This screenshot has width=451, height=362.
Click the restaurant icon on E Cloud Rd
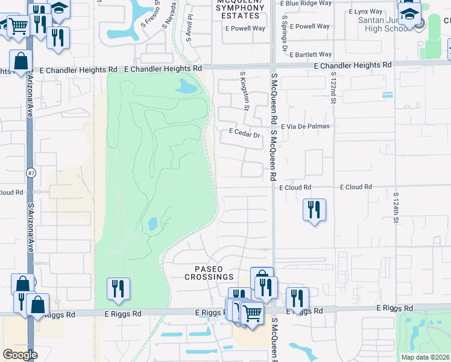314,210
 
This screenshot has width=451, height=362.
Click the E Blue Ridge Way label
307,3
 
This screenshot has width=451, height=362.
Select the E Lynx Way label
366,11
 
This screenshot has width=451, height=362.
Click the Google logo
20,355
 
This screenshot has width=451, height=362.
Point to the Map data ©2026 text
426,357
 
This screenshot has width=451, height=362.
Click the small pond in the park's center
153,223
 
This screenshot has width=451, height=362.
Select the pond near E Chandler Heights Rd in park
186,87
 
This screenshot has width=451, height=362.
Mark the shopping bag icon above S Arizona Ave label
21,62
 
